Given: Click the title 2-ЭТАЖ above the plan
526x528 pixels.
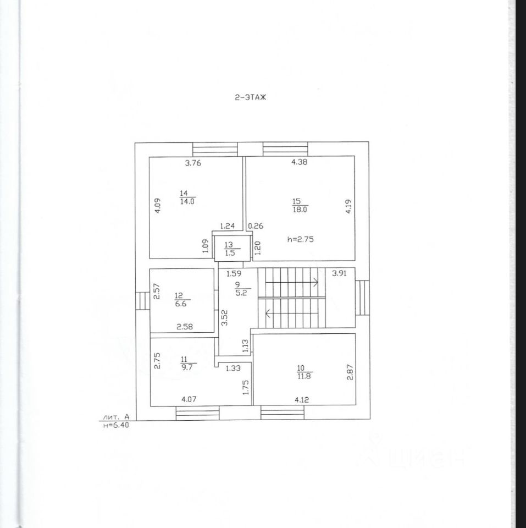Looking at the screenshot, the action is point(250,97).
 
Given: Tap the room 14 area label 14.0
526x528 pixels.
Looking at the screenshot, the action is point(187,202).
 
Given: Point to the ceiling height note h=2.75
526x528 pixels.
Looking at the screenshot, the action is point(301,239).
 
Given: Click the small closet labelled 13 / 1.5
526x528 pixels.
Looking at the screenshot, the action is point(229,249).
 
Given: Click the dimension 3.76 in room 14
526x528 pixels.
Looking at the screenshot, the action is point(194,162).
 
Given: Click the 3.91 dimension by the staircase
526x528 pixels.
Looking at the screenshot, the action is point(339,272).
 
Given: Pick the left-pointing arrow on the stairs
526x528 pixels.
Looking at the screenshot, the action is point(268,314).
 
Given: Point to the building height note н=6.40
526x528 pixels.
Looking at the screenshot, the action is point(116,424).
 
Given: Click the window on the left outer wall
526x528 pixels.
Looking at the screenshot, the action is point(142,301).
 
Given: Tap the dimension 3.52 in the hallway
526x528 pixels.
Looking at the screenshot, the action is point(224,317).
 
